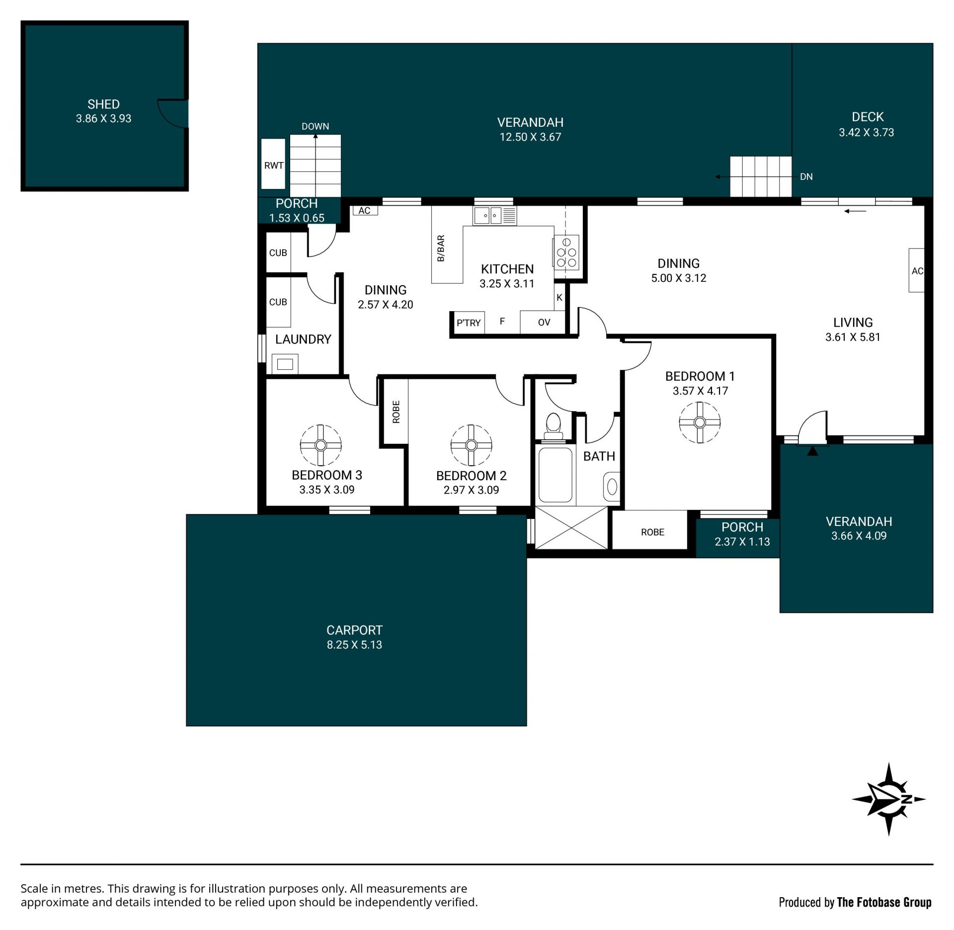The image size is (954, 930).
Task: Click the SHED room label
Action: pyautogui.click(x=103, y=104)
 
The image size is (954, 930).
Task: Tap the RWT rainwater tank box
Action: pyautogui.click(x=273, y=164)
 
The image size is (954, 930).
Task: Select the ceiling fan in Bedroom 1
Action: pyautogui.click(x=700, y=423)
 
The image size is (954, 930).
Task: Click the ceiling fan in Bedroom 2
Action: pyautogui.click(x=471, y=445)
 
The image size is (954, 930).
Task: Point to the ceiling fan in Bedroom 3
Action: pyautogui.click(x=320, y=445)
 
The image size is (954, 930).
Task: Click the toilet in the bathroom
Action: pyautogui.click(x=553, y=426)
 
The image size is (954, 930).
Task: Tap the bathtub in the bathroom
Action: pyautogui.click(x=556, y=475)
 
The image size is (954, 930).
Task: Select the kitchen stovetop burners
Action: pyautogui.click(x=566, y=253)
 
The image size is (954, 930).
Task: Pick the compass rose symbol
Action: pyautogui.click(x=889, y=800)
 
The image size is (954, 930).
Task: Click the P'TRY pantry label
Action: pyautogui.click(x=469, y=323)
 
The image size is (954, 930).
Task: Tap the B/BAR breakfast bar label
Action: pyautogui.click(x=441, y=249)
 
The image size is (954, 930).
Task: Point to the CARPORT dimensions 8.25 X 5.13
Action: pyautogui.click(x=354, y=645)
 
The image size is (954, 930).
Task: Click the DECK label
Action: pyautogui.click(x=868, y=117)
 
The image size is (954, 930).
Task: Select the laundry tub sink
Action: pyautogui.click(x=285, y=364)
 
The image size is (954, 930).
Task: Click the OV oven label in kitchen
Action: pyautogui.click(x=544, y=323)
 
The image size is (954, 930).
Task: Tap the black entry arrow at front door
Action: pyautogui.click(x=812, y=451)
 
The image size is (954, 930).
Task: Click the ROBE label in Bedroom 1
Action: pyautogui.click(x=652, y=532)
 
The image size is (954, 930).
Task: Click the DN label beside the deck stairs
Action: pyautogui.click(x=806, y=177)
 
